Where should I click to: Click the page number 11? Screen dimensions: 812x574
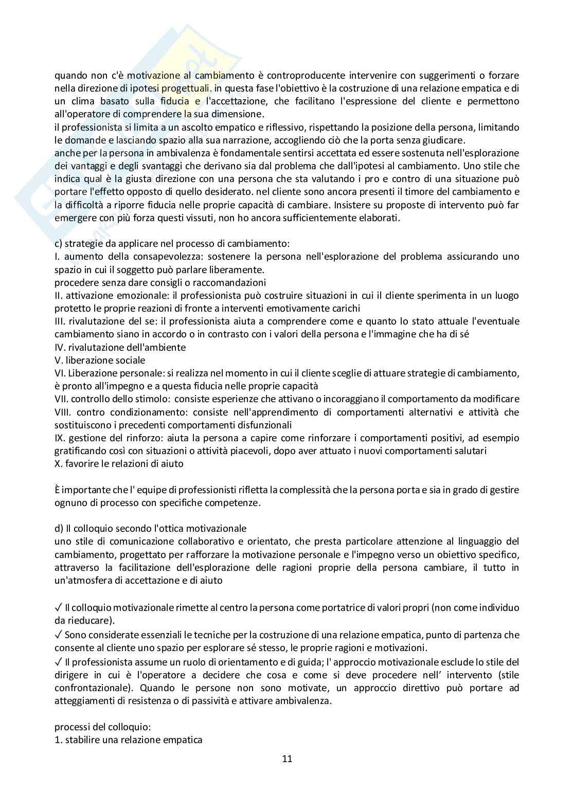click(x=287, y=759)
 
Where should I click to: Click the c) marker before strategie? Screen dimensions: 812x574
click(x=59, y=243)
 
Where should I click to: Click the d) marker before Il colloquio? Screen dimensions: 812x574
click(x=59, y=528)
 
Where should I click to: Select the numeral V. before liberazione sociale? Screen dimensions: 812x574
click(x=59, y=360)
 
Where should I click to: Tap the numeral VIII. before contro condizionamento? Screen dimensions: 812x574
click(x=63, y=412)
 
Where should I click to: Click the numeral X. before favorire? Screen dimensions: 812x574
click(x=58, y=463)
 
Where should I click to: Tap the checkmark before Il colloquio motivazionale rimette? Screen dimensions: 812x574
click(x=58, y=607)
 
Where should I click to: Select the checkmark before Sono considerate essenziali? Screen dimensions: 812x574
click(x=58, y=634)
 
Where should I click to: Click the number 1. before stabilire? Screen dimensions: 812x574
click(x=58, y=740)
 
